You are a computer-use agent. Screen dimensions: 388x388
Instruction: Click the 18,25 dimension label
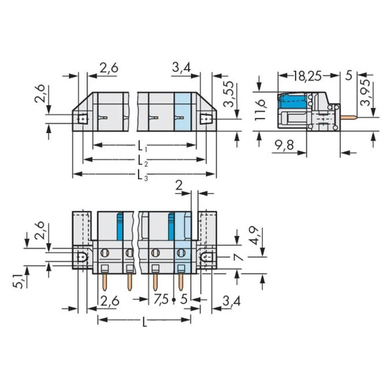click(x=307, y=76)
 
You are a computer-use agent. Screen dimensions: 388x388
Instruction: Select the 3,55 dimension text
click(x=229, y=94)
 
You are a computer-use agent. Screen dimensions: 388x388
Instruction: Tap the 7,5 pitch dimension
click(x=161, y=299)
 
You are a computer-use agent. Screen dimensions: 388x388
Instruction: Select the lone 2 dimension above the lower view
click(x=179, y=185)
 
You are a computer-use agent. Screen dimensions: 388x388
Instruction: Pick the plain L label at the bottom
click(x=144, y=322)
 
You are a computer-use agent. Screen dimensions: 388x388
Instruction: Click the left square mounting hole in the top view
click(x=82, y=118)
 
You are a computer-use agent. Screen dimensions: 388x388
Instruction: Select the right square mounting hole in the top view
click(x=205, y=118)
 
